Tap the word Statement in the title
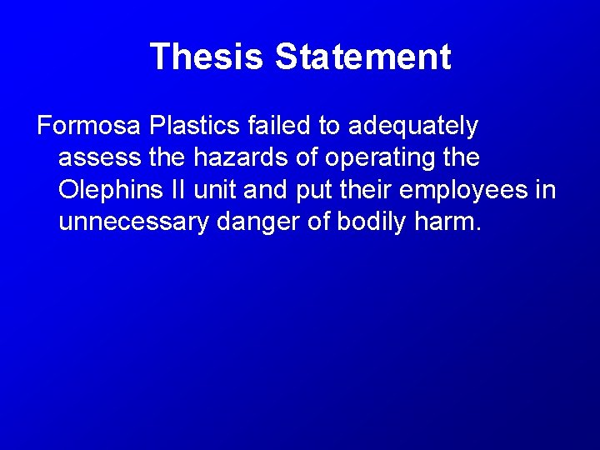pos(362,57)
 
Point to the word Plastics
pos(197,127)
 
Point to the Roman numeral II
pos(179,190)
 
